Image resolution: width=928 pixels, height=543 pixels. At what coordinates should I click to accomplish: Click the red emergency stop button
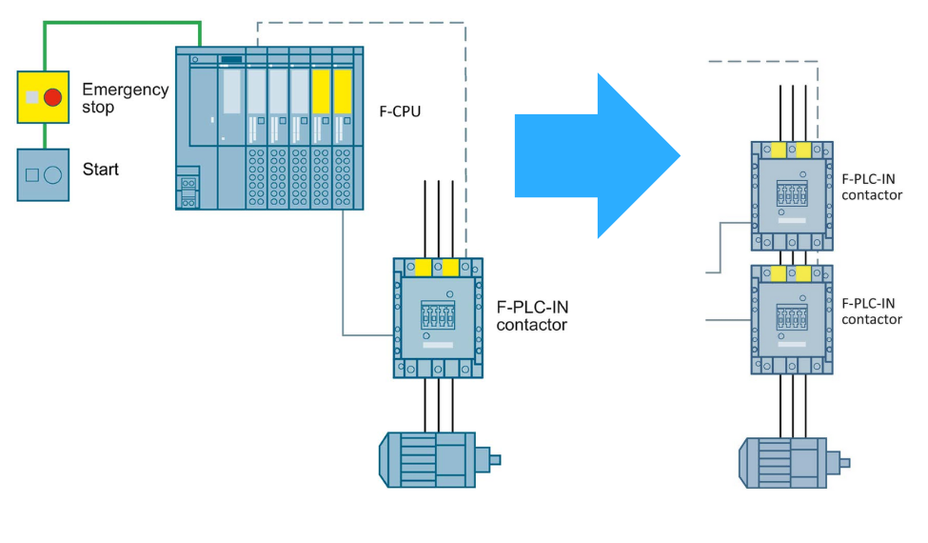coord(53,97)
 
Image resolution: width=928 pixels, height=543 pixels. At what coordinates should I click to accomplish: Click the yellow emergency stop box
coord(43,97)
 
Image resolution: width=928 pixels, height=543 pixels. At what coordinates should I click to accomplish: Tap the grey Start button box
coord(43,174)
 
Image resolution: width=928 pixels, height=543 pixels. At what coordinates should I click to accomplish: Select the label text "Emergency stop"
coord(125,98)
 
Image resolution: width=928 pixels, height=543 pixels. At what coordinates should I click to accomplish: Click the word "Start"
coord(101,170)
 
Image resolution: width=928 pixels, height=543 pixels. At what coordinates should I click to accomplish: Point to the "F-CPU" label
coord(400,111)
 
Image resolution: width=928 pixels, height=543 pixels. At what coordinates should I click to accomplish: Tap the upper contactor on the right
coord(792,195)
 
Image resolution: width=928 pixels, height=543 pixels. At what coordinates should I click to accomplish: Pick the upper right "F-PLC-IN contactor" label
coord(872,187)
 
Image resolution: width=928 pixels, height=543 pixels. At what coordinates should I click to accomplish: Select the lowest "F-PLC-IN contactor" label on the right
coord(872,311)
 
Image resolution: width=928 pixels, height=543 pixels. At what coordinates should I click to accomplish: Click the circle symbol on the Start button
coord(53,175)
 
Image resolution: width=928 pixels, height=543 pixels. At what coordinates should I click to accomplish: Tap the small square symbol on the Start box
coord(32,175)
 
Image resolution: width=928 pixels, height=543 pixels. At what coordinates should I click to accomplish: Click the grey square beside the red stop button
coord(32,97)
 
